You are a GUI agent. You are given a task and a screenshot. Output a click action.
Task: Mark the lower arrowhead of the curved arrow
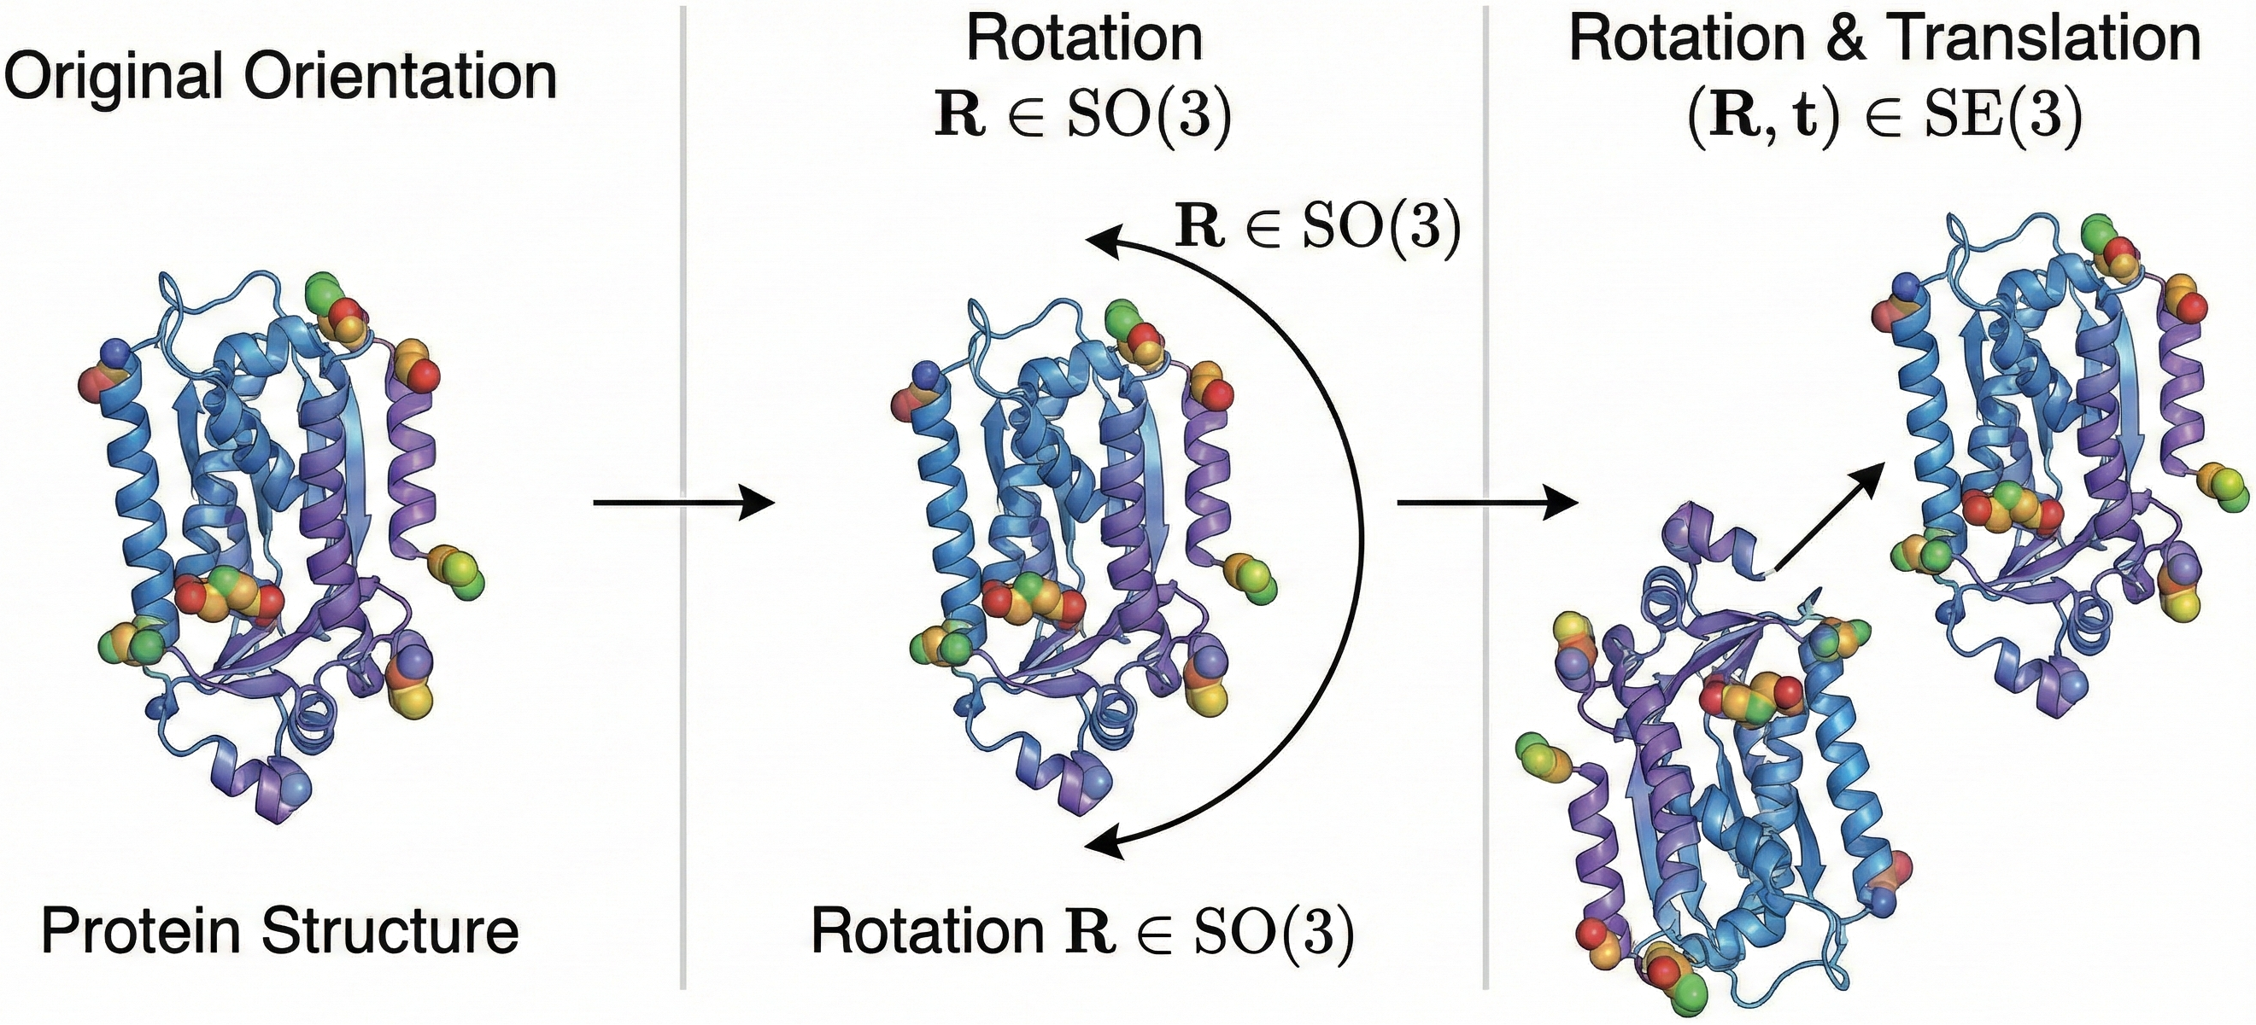pyautogui.click(x=1105, y=845)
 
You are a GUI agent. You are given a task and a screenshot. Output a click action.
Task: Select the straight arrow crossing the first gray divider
pyautogui.click(x=683, y=504)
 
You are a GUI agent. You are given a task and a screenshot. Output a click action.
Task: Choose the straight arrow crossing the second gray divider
pyautogui.click(x=1486, y=504)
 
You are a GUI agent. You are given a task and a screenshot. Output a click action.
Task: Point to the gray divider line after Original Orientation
pyautogui.click(x=683, y=263)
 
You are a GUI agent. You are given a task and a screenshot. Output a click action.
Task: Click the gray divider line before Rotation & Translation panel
pyautogui.click(x=1486, y=263)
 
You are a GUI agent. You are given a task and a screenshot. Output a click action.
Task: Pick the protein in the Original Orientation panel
pyautogui.click(x=280, y=543)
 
